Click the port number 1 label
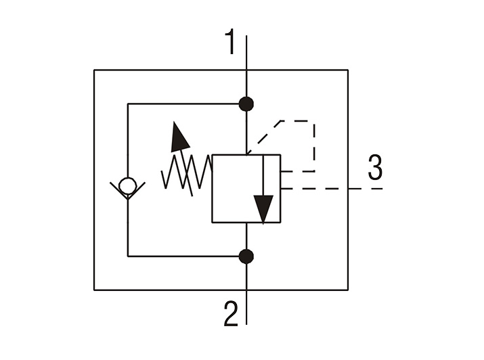pyautogui.click(x=230, y=41)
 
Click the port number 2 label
pyautogui.click(x=231, y=314)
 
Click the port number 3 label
pyautogui.click(x=375, y=167)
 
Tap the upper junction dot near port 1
pyautogui.click(x=246, y=104)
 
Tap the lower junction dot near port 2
pyautogui.click(x=246, y=256)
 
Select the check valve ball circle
pyautogui.click(x=127, y=185)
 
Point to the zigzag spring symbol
pyautogui.click(x=186, y=171)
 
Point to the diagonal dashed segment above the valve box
pyautogui.click(x=264, y=137)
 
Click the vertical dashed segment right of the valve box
pyautogui.click(x=314, y=146)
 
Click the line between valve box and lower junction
pyautogui.click(x=246, y=236)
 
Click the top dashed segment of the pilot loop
pyautogui.click(x=298, y=121)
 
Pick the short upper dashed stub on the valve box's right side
pyautogui.click(x=298, y=171)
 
